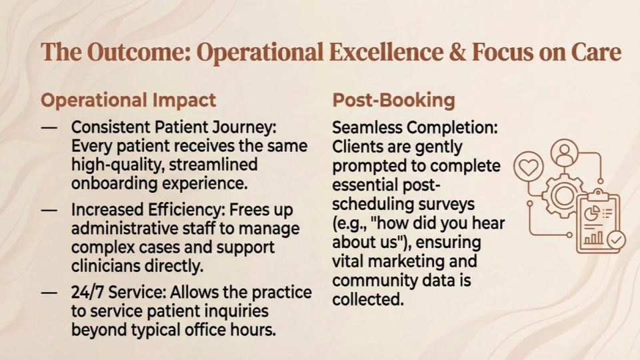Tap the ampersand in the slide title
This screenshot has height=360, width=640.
pos(455,53)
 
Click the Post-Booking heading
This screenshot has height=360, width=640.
pos(393,100)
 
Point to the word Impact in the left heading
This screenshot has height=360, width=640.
pos(183,100)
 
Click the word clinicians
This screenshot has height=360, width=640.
pos(104,266)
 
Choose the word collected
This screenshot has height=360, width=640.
pos(368,299)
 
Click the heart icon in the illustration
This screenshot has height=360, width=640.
pos(528,167)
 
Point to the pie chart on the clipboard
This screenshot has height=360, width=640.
pos(591,213)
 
